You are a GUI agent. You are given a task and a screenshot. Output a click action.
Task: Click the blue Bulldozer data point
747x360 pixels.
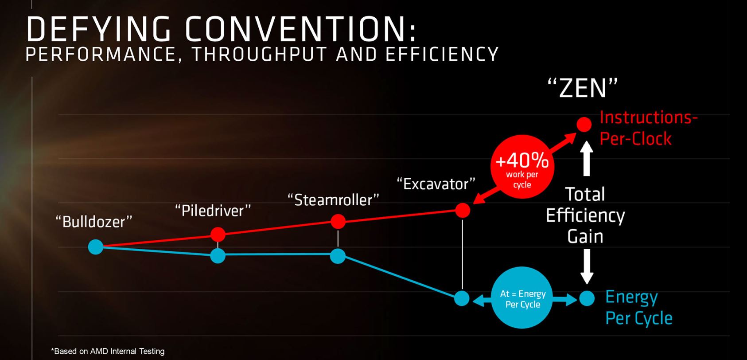coord(95,247)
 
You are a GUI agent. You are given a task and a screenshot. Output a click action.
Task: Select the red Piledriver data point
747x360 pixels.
coord(218,235)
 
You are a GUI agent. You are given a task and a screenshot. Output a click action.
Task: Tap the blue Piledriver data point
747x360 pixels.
coord(218,256)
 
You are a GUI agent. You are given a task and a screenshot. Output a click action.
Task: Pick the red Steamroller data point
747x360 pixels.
coord(338,222)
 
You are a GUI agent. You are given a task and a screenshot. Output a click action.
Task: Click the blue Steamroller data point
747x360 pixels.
coord(338,256)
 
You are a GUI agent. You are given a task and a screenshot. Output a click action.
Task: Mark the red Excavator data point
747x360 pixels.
coord(463,210)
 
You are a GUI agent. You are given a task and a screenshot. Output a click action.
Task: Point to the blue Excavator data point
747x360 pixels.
coord(462,298)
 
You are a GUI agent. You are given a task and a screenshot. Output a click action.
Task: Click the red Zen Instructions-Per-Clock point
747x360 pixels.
coord(584,125)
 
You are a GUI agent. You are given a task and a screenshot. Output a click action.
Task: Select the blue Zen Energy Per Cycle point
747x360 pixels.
coord(587,298)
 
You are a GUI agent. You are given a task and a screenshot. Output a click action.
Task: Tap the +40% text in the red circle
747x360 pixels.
coord(522,160)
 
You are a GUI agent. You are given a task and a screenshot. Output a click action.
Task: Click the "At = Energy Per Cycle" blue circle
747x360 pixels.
coord(522,297)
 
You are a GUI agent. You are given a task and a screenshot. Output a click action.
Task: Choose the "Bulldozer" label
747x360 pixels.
coord(94,222)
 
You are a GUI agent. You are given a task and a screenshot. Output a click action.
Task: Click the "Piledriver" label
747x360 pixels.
coord(213,211)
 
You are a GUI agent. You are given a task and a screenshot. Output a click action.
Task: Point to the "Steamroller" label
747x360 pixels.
coord(333,200)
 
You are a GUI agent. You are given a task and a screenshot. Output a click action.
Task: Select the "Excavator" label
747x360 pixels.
coord(436,184)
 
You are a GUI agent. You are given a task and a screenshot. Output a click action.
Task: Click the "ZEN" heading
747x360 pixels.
coord(583,88)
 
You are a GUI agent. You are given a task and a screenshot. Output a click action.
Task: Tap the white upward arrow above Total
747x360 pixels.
coord(587,158)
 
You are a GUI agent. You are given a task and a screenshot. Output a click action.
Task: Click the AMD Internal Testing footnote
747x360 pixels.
coord(108,351)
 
